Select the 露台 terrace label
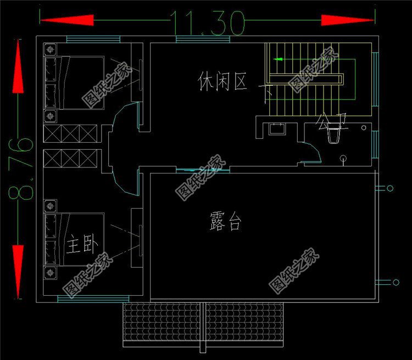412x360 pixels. [225, 222]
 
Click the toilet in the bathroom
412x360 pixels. [334, 135]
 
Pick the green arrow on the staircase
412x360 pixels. [280, 59]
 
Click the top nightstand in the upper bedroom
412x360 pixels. [51, 49]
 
